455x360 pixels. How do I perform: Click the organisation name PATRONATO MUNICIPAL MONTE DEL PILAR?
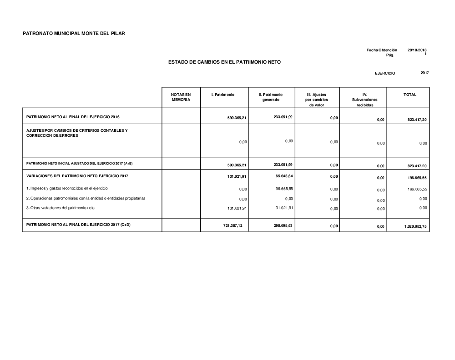[74, 34]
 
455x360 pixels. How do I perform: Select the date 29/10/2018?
[417, 50]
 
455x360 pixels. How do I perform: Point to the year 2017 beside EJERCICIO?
[425, 73]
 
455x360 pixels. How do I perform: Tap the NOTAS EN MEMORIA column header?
[181, 97]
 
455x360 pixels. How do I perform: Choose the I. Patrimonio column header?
[223, 95]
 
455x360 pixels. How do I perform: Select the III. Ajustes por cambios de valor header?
[316, 100]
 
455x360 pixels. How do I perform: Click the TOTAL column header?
[409, 95]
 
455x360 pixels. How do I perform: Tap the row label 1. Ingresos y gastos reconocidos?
[67, 188]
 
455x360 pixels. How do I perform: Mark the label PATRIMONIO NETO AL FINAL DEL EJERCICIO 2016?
[73, 117]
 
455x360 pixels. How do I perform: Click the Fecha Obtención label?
[382, 50]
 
